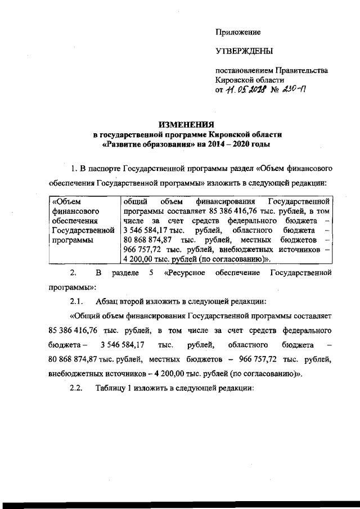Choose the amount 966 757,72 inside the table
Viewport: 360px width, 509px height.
coord(144,250)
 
